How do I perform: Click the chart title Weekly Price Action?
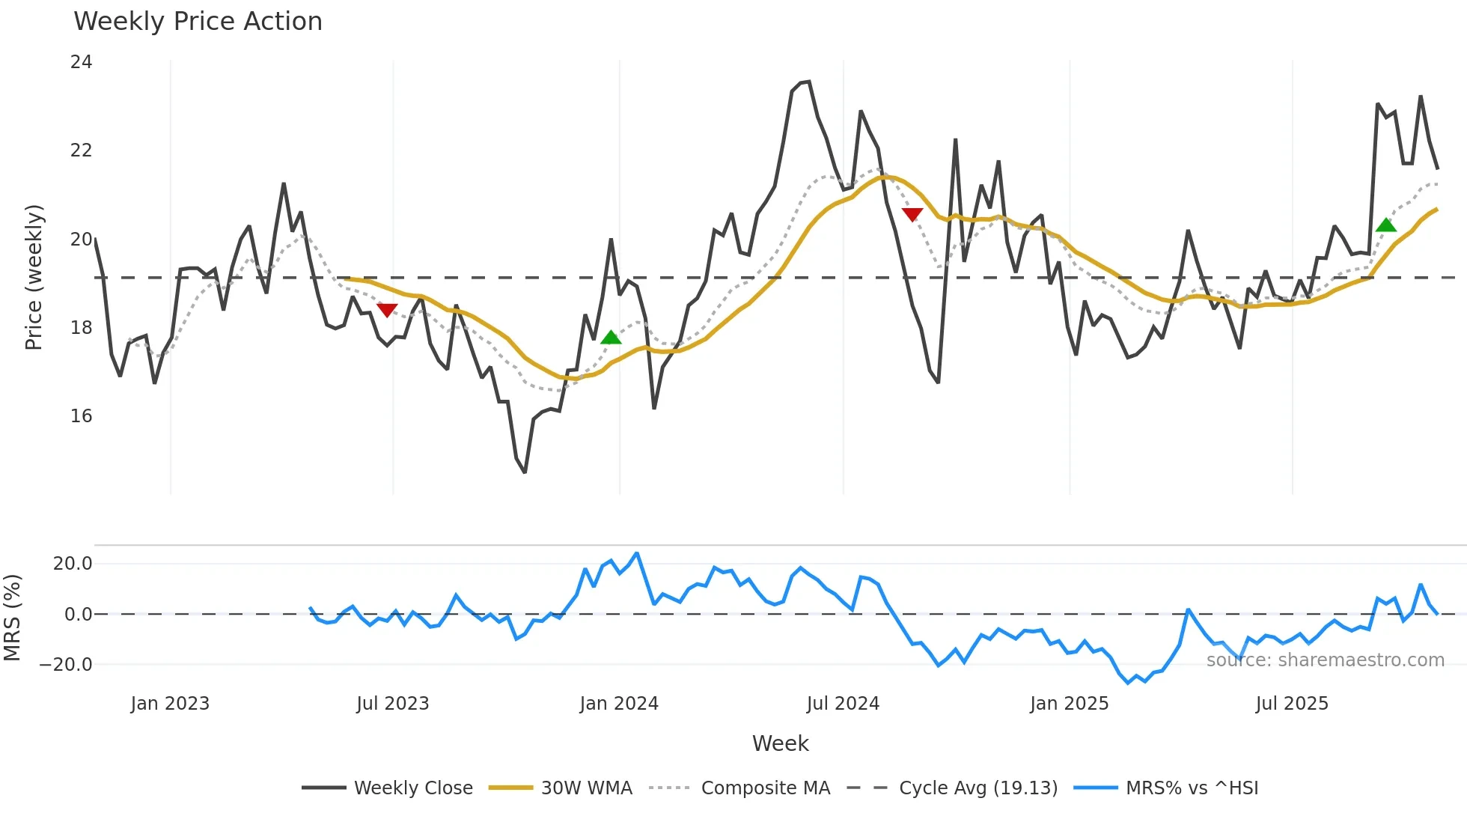198,22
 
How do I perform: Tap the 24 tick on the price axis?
81,62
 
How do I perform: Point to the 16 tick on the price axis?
81,416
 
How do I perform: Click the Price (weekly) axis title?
34,277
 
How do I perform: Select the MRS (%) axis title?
12,618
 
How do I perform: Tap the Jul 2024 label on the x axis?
843,704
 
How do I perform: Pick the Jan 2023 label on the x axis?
170,704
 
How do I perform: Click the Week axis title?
780,743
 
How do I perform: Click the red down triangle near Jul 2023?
387,310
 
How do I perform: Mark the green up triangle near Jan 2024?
611,338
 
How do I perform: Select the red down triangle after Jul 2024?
912,215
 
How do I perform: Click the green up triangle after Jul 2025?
1386,225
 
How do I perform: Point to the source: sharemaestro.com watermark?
1325,660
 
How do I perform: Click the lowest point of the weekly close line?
525,472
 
